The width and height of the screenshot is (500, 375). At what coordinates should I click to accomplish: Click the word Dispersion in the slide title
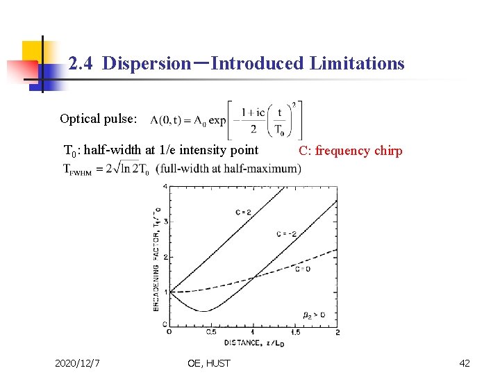(x=146, y=64)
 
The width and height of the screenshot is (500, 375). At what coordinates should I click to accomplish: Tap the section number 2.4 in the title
(x=83, y=64)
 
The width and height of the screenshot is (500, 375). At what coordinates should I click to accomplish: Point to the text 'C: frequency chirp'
(x=350, y=151)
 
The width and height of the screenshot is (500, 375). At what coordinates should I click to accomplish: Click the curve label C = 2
(x=243, y=212)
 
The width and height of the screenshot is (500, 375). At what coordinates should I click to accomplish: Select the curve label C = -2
(x=286, y=234)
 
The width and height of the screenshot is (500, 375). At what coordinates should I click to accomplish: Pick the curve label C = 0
(x=303, y=269)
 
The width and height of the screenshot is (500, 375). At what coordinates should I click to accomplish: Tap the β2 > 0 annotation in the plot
(x=314, y=315)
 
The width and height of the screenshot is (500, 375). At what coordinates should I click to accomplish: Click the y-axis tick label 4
(x=165, y=186)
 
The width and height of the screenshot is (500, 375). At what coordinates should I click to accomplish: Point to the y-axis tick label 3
(x=165, y=221)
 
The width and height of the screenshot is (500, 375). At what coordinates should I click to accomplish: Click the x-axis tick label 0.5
(x=211, y=333)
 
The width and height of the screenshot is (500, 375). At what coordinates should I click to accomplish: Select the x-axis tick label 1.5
(x=295, y=333)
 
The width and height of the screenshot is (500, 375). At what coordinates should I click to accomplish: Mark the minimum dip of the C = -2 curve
(x=203, y=310)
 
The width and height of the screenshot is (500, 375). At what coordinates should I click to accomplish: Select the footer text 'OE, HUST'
(x=208, y=363)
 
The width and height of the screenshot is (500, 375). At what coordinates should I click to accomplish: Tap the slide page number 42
(x=465, y=363)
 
